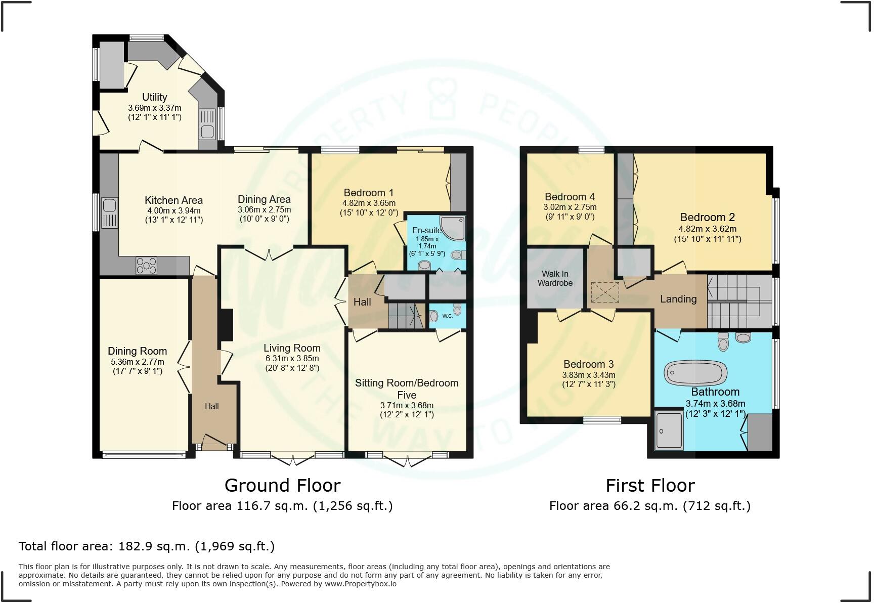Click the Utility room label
(154, 97)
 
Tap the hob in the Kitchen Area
(146, 266)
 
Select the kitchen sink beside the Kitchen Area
(109, 212)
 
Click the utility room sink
(207, 126)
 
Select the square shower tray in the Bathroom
(669, 430)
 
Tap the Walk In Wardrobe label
(555, 278)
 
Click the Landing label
(678, 299)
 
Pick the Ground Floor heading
(282, 485)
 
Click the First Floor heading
(650, 485)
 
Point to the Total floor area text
(147, 546)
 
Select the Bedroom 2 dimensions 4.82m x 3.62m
(707, 229)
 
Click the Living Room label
(292, 348)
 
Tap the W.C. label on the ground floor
(448, 316)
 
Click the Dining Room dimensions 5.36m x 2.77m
(138, 362)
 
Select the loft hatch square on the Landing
(605, 293)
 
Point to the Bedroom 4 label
(570, 197)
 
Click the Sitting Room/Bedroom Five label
(407, 389)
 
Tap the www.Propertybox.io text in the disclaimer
(360, 584)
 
